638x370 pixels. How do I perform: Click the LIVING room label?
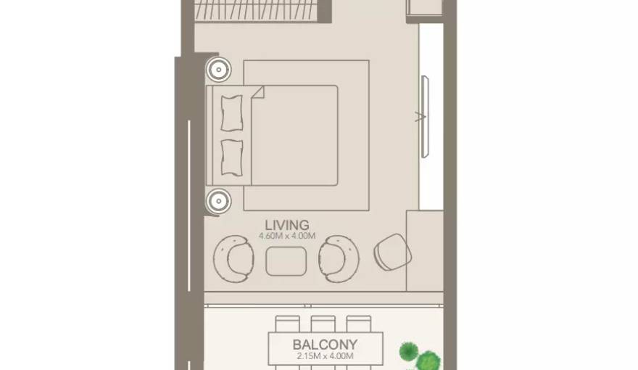pyautogui.click(x=287, y=225)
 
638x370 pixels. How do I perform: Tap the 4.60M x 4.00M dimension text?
pyautogui.click(x=287, y=236)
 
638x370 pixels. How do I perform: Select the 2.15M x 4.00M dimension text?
pyautogui.click(x=324, y=356)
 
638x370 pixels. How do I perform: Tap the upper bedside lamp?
pyautogui.click(x=217, y=70)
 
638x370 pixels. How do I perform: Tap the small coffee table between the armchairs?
pyautogui.click(x=286, y=261)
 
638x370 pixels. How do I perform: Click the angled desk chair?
pyautogui.click(x=392, y=252)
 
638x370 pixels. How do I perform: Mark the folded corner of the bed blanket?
pyautogui.click(x=257, y=92)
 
